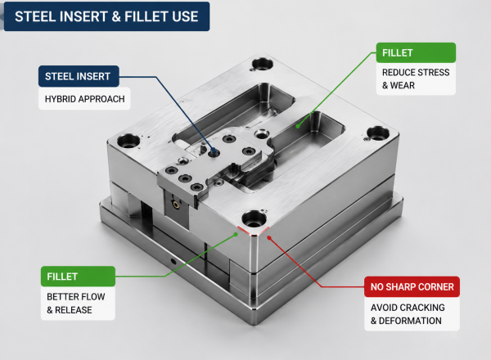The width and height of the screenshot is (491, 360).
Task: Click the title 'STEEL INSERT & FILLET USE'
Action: [x=106, y=16]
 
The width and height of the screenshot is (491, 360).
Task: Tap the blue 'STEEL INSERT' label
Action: [x=79, y=76]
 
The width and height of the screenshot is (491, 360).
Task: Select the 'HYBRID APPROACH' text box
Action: [x=84, y=99]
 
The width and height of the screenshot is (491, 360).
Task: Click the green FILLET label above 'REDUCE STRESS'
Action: [x=416, y=52]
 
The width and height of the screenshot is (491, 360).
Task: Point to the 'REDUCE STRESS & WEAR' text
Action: [x=416, y=79]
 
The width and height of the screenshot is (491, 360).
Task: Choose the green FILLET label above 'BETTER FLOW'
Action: [x=78, y=276]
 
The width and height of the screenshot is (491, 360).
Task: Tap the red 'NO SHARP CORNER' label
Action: [x=412, y=286]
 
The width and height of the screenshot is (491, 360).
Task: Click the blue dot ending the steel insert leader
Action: [x=214, y=152]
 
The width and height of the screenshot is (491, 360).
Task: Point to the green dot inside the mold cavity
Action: [x=298, y=126]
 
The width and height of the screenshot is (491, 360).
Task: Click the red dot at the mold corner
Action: [x=269, y=238]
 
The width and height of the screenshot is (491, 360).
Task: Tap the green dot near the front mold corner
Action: [x=236, y=234]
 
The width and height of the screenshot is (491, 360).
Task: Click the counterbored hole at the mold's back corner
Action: [x=263, y=64]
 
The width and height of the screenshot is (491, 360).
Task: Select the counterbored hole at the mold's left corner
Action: [x=128, y=142]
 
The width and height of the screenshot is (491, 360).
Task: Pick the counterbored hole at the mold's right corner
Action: [x=378, y=133]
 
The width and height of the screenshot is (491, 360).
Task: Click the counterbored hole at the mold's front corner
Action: [x=254, y=219]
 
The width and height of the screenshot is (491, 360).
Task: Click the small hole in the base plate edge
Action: [x=173, y=261]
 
